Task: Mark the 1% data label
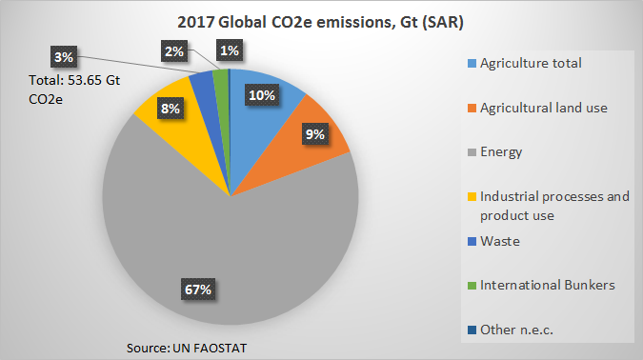click(x=229, y=50)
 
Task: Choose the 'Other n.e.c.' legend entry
click(x=516, y=329)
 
